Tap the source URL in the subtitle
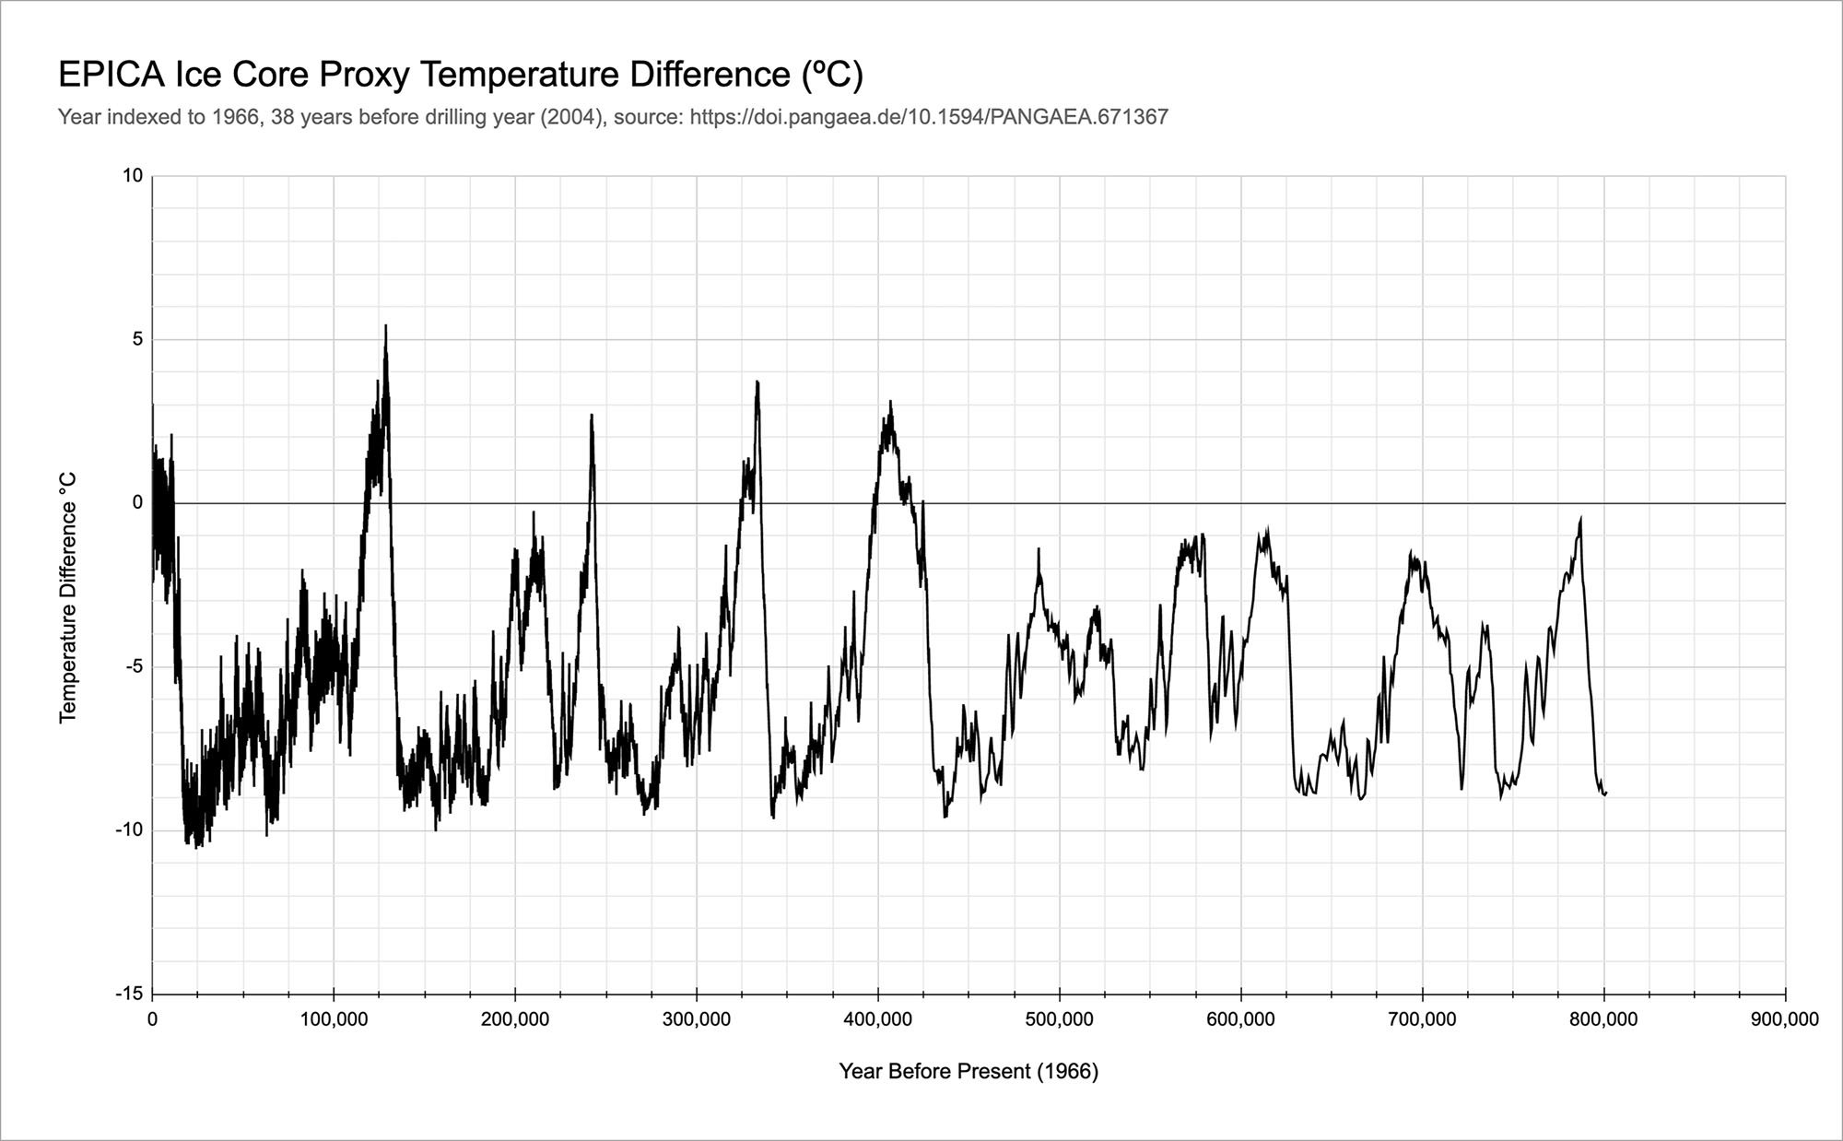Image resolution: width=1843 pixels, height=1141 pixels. coord(929,117)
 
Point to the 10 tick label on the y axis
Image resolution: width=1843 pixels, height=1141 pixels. coord(134,175)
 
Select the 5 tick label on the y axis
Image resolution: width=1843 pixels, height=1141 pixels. coord(138,339)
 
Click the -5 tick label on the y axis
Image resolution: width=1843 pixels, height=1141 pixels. coord(135,666)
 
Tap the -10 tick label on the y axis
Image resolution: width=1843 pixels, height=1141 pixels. coord(130,829)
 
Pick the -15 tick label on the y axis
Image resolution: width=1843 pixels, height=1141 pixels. coord(130,994)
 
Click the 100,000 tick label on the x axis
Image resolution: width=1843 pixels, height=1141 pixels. coord(334,1019)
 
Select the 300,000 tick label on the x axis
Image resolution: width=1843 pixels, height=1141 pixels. coord(697,1019)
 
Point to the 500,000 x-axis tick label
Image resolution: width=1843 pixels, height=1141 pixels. coord(1060,1019)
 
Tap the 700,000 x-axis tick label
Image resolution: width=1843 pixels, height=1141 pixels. coord(1423,1019)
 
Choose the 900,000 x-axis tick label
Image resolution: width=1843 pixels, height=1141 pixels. coord(1786,1019)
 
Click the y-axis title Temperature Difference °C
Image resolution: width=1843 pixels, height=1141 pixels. coord(68,597)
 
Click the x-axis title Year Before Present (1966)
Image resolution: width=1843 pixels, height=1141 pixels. coord(968,1071)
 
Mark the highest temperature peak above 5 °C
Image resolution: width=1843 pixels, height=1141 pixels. coord(385,326)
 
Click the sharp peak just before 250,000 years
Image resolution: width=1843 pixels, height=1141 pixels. coord(592,416)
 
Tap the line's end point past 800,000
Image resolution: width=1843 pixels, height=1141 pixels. coord(1605,793)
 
